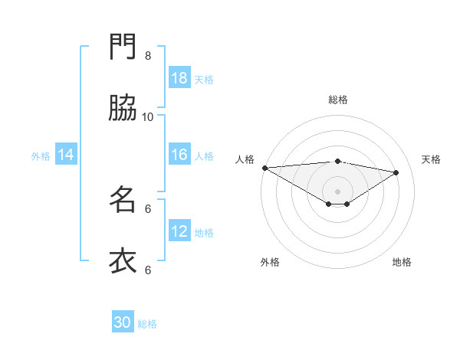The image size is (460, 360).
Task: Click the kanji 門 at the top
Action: click(x=123, y=47)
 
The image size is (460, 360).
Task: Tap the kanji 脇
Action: click(x=123, y=108)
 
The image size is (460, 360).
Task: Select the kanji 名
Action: click(x=123, y=199)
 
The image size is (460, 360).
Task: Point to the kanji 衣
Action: click(x=123, y=260)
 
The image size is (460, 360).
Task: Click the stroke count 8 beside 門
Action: click(x=148, y=55)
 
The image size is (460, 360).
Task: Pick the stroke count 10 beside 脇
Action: click(x=148, y=116)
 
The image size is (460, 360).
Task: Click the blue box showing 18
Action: click(x=179, y=78)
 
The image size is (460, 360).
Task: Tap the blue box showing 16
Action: click(x=179, y=155)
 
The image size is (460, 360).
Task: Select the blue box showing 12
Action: click(x=179, y=231)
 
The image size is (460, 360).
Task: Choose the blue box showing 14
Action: click(x=66, y=155)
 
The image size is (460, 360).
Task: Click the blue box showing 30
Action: click(x=123, y=322)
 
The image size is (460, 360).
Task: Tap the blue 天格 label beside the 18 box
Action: click(x=204, y=79)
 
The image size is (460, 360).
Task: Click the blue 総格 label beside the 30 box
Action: click(x=148, y=324)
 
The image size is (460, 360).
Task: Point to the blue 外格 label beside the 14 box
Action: click(x=41, y=156)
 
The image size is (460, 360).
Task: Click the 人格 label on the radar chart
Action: click(x=245, y=159)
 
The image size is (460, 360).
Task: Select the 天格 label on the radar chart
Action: click(x=431, y=159)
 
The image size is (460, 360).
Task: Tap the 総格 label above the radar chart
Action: click(x=337, y=100)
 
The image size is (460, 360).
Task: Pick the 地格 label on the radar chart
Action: click(x=402, y=262)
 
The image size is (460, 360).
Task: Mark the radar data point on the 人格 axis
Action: click(x=264, y=168)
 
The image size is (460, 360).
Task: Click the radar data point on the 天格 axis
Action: click(x=396, y=172)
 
